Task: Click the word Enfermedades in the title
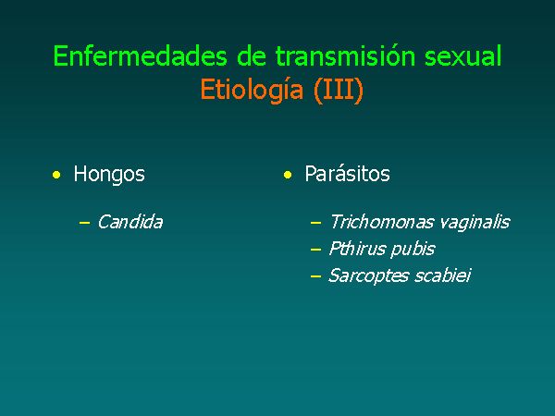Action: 140,55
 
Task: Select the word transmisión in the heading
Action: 345,55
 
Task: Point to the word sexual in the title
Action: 463,55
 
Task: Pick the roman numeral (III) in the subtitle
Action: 339,90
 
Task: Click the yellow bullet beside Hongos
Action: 56,175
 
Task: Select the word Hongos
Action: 109,175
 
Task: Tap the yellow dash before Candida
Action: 84,223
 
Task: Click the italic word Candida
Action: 129,222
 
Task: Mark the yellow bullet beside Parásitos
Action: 288,175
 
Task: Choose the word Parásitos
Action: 347,174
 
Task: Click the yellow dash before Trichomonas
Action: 315,223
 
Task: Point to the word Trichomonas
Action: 381,222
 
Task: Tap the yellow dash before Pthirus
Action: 315,250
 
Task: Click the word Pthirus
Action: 357,249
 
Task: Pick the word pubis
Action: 413,250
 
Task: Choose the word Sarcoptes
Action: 368,276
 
